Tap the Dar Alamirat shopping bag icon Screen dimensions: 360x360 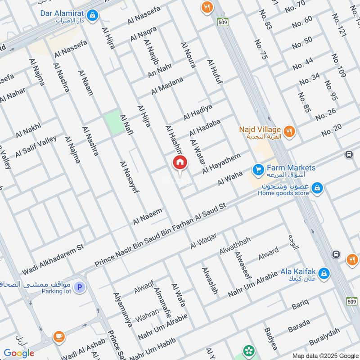[x=92, y=16]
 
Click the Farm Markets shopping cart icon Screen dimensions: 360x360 [x=258, y=170]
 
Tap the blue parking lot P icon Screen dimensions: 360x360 [x=79, y=287]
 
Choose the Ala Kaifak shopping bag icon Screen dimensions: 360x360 [x=323, y=273]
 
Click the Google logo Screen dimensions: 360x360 [x=19, y=353]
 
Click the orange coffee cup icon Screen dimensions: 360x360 [x=58, y=336]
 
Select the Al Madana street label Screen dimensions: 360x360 [x=167, y=85]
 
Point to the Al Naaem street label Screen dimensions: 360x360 [x=147, y=216]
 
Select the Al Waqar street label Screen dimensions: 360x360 [x=203, y=241]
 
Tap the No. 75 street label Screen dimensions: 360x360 [x=261, y=49]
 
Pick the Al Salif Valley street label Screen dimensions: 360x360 [x=36, y=146]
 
